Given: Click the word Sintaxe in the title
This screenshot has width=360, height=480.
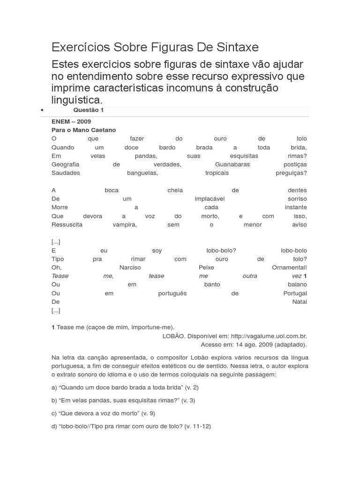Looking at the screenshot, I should tap(237, 48).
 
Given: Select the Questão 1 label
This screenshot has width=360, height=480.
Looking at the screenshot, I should tap(89, 110).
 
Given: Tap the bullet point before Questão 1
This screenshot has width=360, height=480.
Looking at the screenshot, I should tap(42, 110).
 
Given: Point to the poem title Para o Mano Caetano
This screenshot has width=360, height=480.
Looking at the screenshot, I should tap(83, 130).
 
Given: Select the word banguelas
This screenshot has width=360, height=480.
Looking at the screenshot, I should tap(142, 172).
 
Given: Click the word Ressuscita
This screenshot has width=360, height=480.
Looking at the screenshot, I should tap(67, 225).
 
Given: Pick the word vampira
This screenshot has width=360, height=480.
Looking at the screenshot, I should tap(124, 225).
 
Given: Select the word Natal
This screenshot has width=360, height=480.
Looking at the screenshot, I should tap(299, 302).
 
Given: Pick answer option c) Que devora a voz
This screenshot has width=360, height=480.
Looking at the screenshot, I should tap(103, 413).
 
